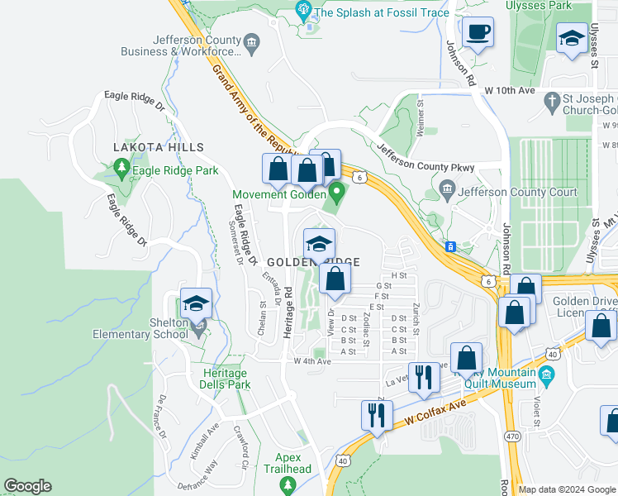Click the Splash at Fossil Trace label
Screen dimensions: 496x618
(382, 12)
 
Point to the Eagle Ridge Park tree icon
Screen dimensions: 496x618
(122, 170)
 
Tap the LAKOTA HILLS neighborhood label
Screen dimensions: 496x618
(159, 147)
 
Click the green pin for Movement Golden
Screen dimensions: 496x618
(335, 195)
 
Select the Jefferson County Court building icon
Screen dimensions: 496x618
(447, 189)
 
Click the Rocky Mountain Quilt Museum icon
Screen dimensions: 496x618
(545, 377)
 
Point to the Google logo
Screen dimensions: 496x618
(27, 486)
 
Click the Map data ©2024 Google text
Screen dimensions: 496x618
(565, 489)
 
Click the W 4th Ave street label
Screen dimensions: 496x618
(312, 361)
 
